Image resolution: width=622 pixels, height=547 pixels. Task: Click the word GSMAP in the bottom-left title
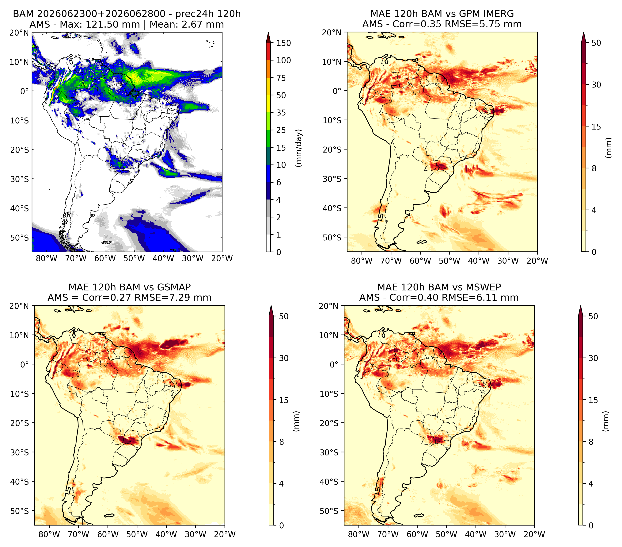pos(174,287)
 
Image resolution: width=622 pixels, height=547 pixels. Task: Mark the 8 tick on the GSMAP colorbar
pos(282,442)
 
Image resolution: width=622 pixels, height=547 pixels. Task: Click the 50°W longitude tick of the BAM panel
pos(134,259)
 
